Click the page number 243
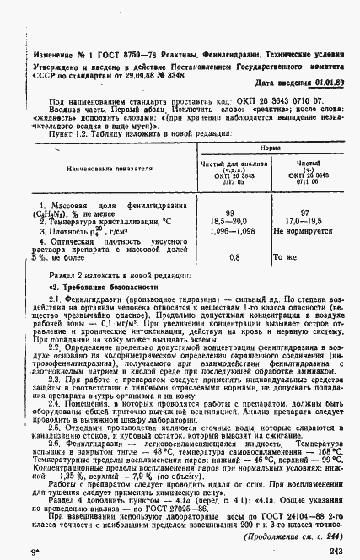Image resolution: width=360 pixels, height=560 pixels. click(x=336, y=551)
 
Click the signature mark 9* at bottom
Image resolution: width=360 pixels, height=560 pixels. click(x=32, y=551)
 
